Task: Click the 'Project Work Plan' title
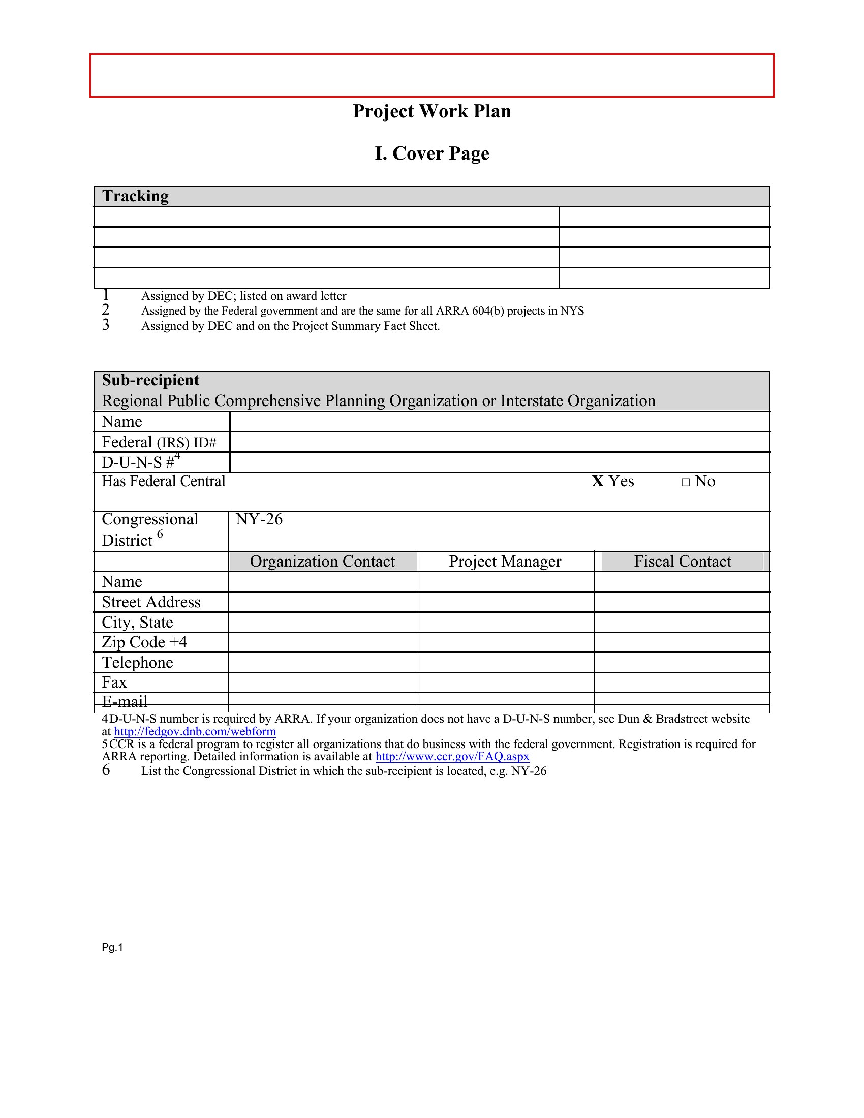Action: pos(431,111)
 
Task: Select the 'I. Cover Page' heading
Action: pos(431,153)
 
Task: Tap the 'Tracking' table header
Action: pos(135,196)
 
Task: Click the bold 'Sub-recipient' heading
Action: pos(150,380)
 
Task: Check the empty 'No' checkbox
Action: pos(686,482)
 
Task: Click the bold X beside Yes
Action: pos(597,481)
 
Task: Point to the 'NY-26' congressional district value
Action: pos(259,519)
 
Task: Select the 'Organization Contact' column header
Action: pos(322,561)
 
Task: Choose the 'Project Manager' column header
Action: pos(505,561)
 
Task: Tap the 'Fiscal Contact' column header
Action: pos(682,561)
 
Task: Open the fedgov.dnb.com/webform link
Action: pos(195,731)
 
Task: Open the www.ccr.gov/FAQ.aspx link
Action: pos(452,757)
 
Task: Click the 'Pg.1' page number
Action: pos(113,948)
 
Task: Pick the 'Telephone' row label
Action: pos(137,662)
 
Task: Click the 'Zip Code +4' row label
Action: pos(144,642)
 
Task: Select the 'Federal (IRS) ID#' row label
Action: pos(159,442)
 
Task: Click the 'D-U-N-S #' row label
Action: pos(138,462)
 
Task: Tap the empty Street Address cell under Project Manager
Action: pos(506,602)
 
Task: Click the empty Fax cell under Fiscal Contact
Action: pos(682,682)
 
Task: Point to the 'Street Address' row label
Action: pos(151,602)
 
